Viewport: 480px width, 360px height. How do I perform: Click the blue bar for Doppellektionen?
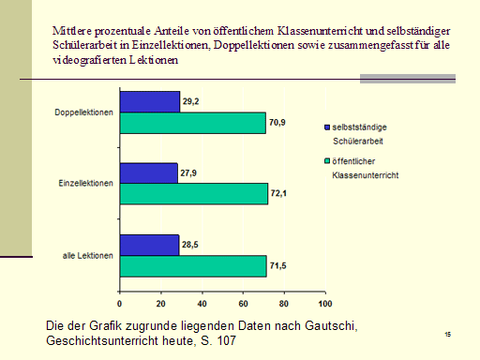(x=149, y=100)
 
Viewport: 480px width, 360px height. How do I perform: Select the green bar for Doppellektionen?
(x=192, y=122)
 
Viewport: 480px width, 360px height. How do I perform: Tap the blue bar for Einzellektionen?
(x=148, y=172)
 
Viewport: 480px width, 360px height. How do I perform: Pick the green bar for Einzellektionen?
(x=193, y=194)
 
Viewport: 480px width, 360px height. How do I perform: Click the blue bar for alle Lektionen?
(x=149, y=245)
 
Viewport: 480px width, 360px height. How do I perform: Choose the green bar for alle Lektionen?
(x=192, y=266)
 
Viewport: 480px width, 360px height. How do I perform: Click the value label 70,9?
(x=278, y=122)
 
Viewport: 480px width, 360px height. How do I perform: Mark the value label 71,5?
(x=280, y=265)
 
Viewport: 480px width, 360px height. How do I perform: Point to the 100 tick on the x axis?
(x=324, y=304)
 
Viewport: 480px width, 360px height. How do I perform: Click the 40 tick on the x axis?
(x=202, y=304)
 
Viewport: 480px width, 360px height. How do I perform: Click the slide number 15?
(x=448, y=334)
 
